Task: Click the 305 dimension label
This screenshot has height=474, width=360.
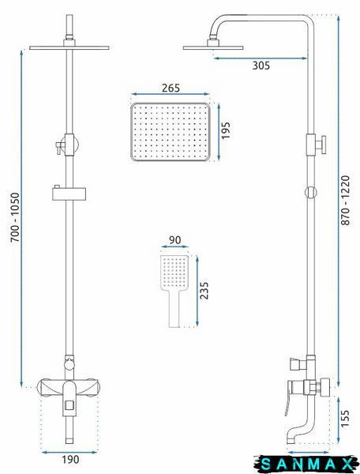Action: tap(261, 66)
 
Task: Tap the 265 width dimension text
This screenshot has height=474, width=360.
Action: tap(171, 88)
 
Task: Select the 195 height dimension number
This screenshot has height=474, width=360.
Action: tap(225, 130)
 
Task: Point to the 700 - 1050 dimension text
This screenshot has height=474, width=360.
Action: tap(15, 217)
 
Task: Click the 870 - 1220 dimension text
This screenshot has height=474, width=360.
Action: tap(345, 201)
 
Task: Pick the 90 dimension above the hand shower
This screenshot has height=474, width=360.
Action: tap(174, 240)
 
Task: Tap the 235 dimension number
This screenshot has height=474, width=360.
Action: tap(204, 290)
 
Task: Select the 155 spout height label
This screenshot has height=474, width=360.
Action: tap(345, 419)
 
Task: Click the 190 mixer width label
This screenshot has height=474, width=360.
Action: tap(71, 460)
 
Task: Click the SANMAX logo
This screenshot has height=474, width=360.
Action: tap(306, 464)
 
